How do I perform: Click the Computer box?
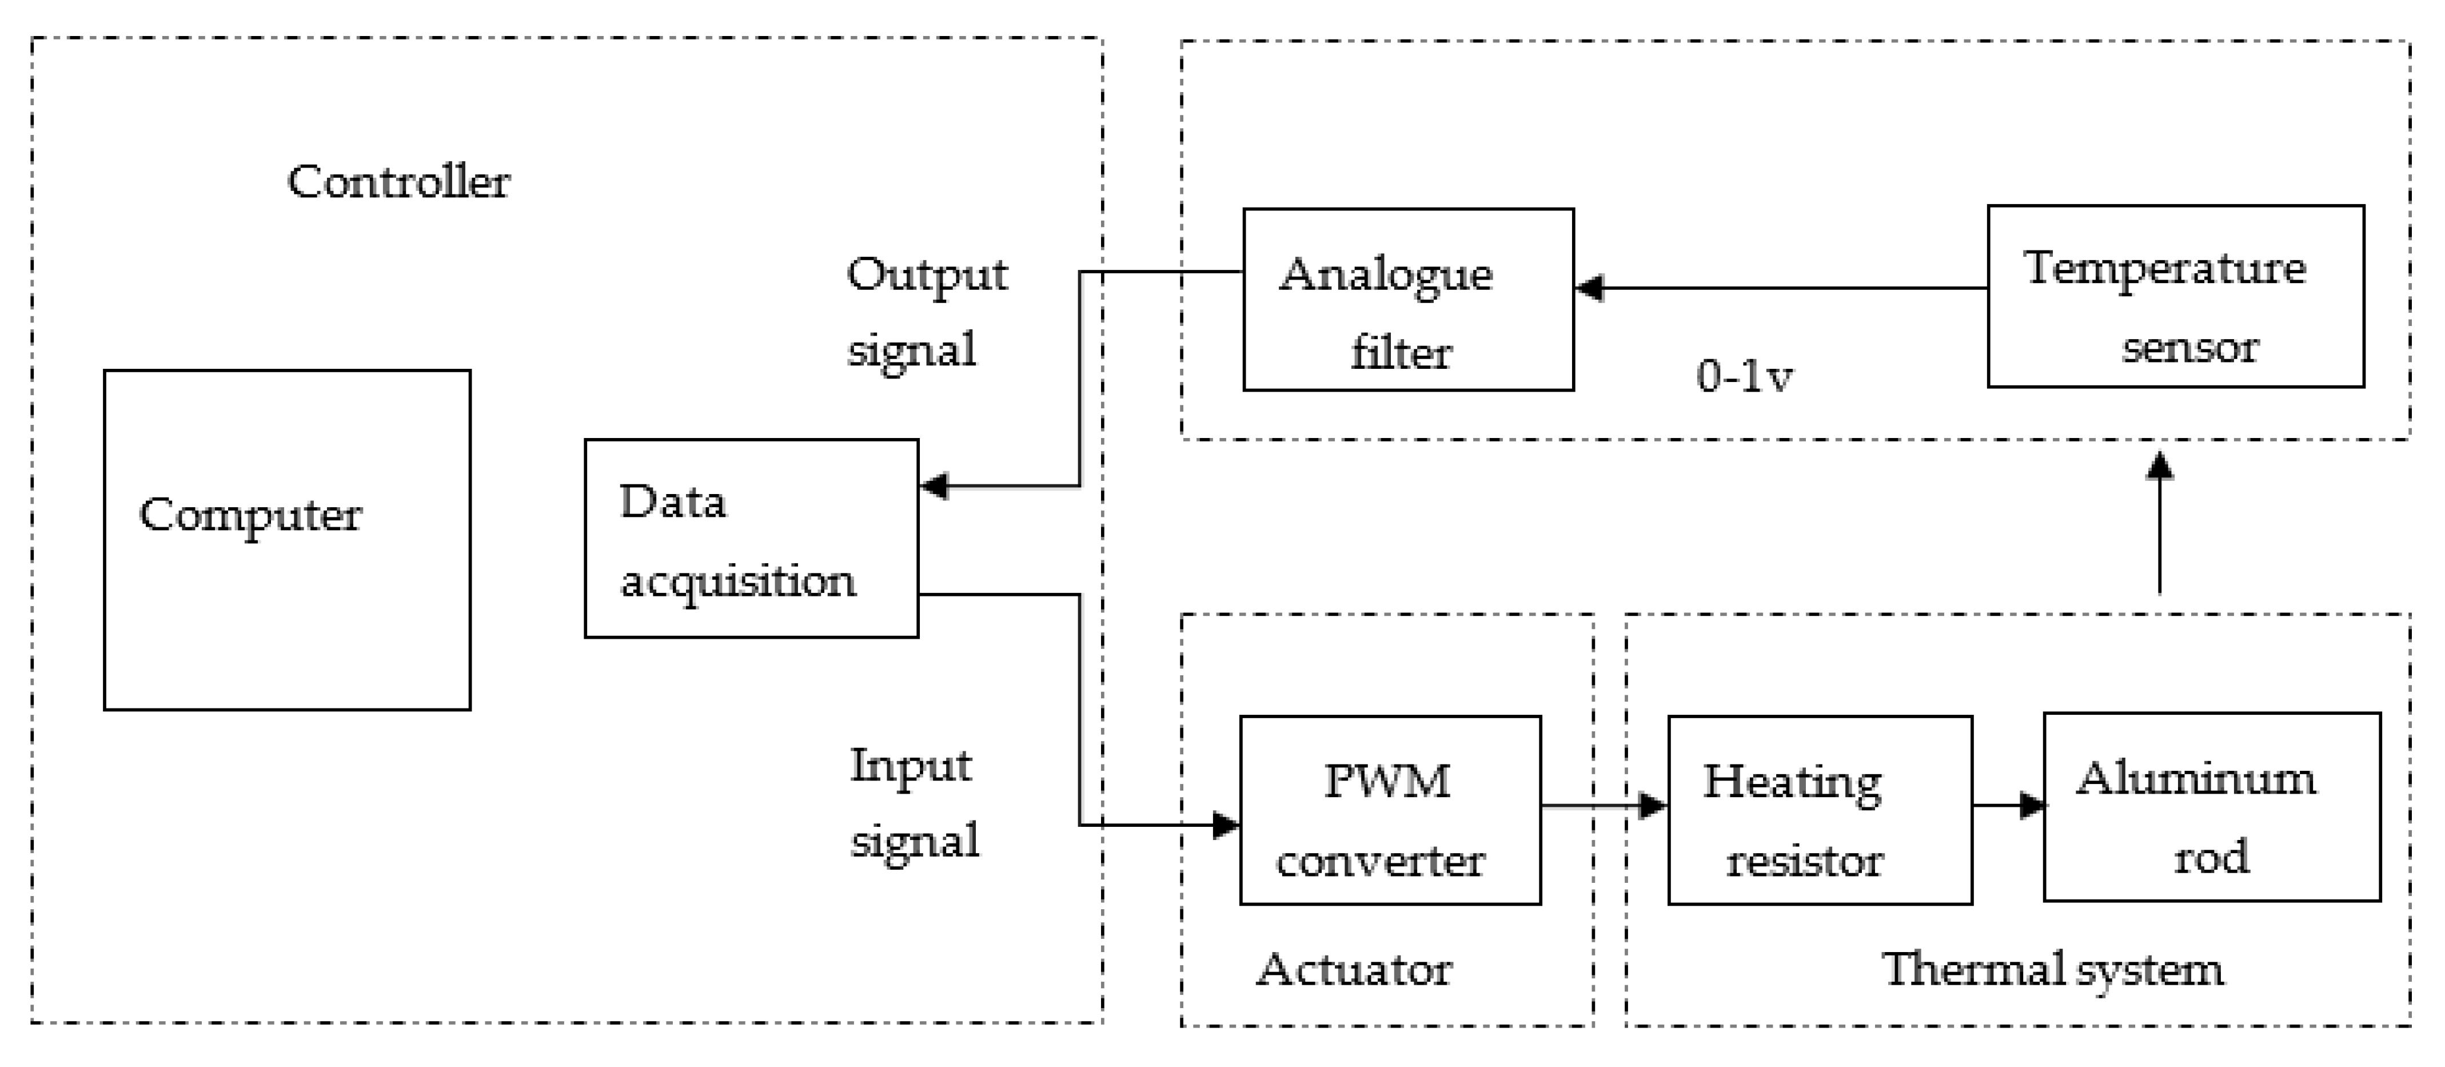pyautogui.click(x=286, y=539)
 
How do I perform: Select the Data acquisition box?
pyautogui.click(x=751, y=538)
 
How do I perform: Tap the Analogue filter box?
pyautogui.click(x=1407, y=299)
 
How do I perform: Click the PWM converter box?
pyautogui.click(x=1390, y=810)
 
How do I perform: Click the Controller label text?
pyautogui.click(x=398, y=181)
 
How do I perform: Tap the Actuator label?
pyautogui.click(x=1354, y=969)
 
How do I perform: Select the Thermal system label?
pyautogui.click(x=2052, y=969)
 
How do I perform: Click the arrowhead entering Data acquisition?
pyautogui.click(x=934, y=486)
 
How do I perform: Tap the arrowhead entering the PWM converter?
pyautogui.click(x=1226, y=824)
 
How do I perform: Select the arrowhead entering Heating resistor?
pyautogui.click(x=1653, y=806)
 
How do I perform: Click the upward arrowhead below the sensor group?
pyautogui.click(x=2160, y=465)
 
